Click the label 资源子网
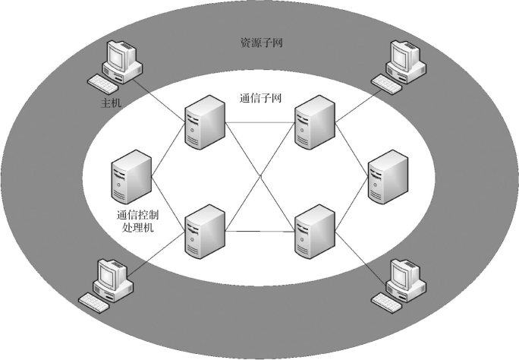pos(262,43)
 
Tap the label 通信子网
pos(260,98)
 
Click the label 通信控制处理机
pos(137,220)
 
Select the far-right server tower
pos(388,177)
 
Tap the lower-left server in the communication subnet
pos(204,230)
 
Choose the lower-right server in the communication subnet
pos(314,230)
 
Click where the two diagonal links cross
pos(259,176)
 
